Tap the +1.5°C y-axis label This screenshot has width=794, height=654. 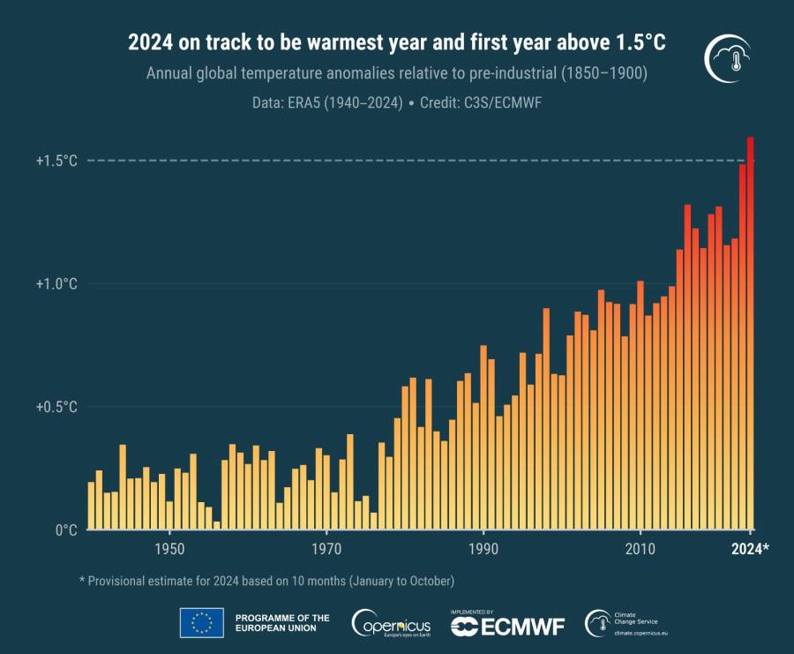(56, 161)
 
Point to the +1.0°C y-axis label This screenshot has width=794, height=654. (56, 284)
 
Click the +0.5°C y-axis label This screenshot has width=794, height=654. (56, 407)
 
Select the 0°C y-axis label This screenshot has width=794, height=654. (67, 530)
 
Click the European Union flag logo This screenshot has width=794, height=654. (201, 623)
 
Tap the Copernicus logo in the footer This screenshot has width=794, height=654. (392, 623)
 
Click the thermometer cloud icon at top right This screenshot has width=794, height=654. (729, 61)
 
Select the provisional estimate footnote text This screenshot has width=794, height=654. (266, 581)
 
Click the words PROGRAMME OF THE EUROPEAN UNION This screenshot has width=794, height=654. (282, 623)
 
